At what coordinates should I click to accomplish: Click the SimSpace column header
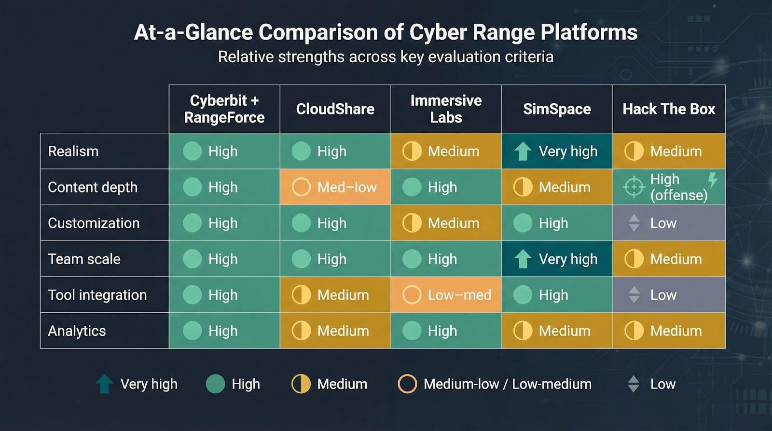[557, 109]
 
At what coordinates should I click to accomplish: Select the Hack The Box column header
[669, 109]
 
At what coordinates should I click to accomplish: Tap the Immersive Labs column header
[446, 109]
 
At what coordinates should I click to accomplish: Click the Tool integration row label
[97, 295]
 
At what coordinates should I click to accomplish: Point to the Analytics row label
[77, 331]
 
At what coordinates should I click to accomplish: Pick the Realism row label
[73, 151]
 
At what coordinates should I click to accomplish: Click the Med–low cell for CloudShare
[335, 187]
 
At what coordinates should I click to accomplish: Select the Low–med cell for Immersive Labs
[446, 295]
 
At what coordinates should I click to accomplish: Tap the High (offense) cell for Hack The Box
[669, 187]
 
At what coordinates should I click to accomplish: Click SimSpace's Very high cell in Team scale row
[557, 259]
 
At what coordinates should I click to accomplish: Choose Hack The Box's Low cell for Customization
[669, 223]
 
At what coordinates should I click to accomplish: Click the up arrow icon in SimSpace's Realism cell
[523, 152]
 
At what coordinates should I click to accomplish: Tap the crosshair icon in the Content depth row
[634, 187]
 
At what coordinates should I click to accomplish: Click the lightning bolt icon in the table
[712, 180]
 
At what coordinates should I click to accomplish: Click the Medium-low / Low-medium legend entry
[495, 384]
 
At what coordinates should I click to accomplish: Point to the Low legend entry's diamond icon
[634, 384]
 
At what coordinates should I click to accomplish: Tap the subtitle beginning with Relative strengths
[386, 57]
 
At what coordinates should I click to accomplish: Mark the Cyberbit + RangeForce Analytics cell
[224, 331]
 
